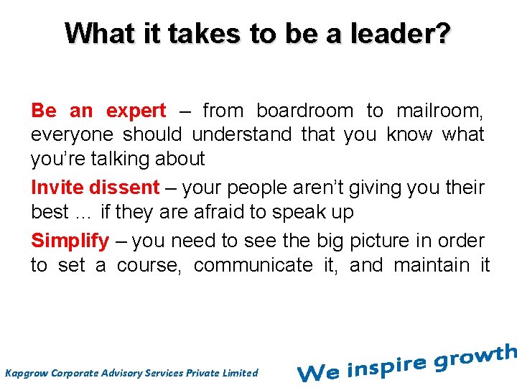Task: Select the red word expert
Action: click(136, 111)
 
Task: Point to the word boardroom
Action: click(304, 111)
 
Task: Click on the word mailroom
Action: click(439, 111)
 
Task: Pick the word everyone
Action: click(71, 135)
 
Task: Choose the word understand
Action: click(242, 134)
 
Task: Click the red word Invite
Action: click(57, 188)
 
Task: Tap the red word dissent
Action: click(124, 188)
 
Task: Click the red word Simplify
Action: click(70, 241)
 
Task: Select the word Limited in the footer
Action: click(241, 372)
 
